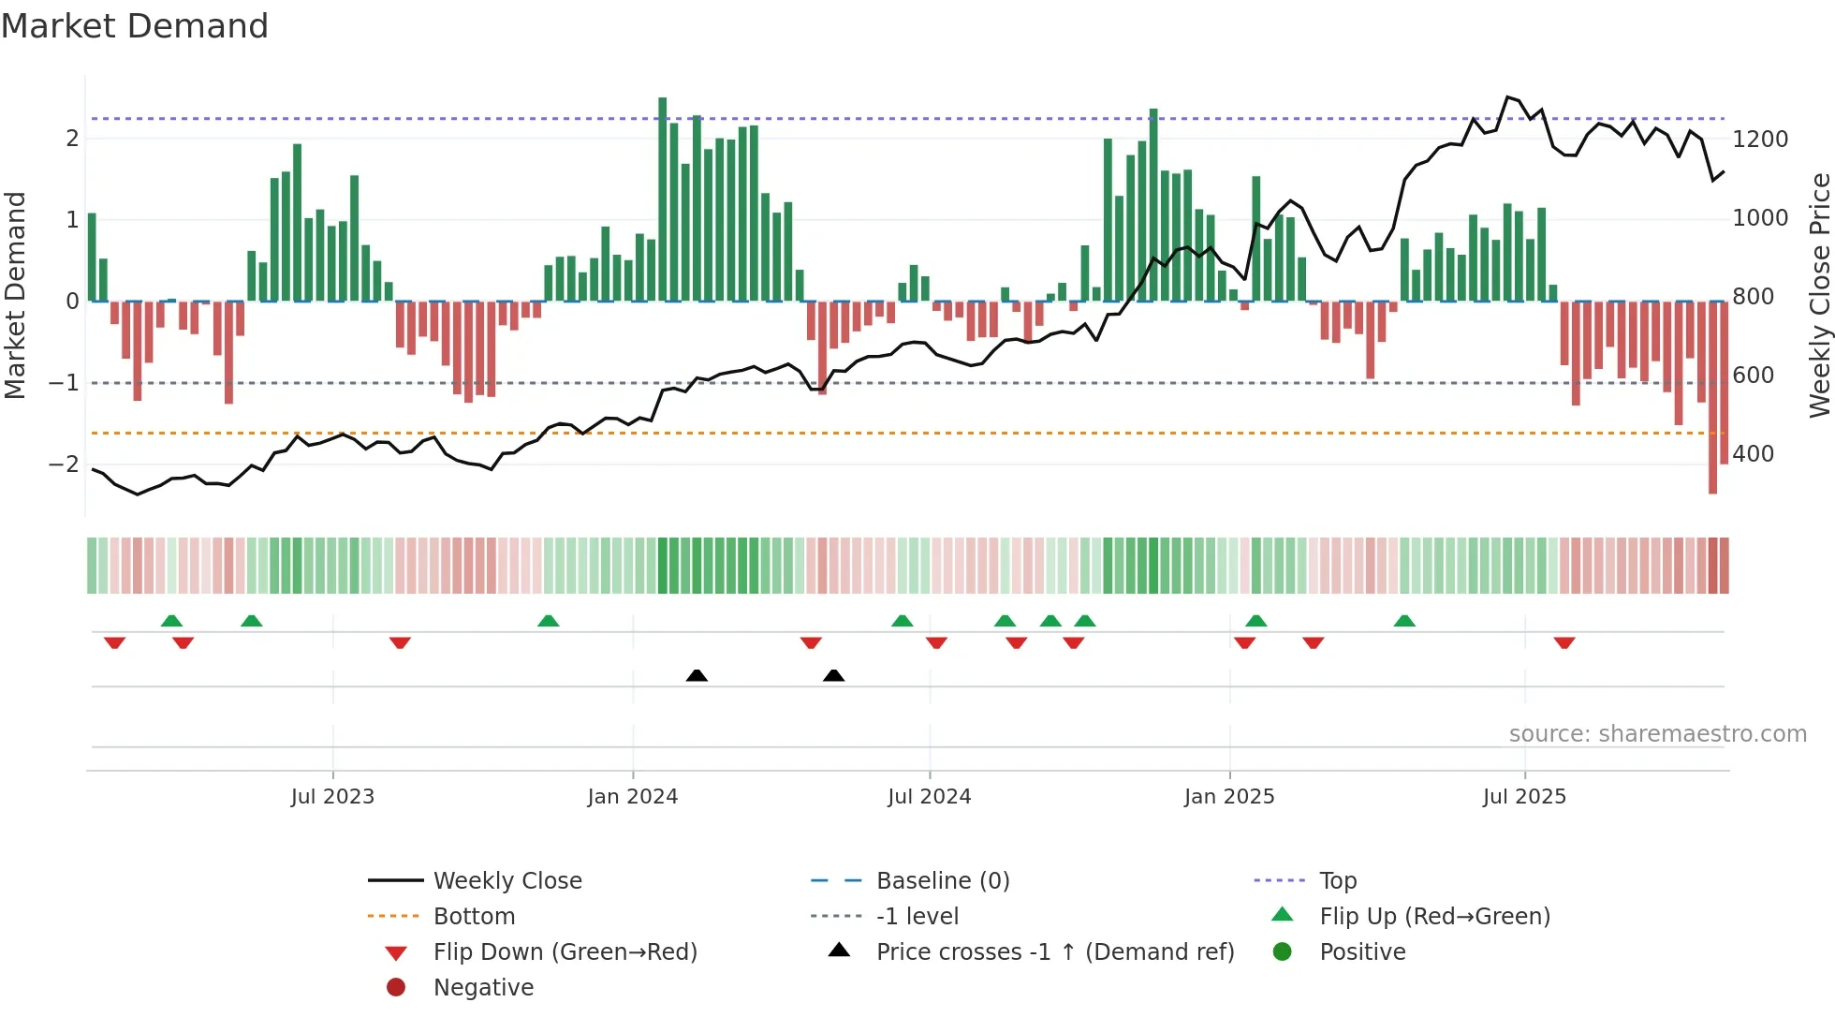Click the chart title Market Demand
135,26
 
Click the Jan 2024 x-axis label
632,797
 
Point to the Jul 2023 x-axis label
332,797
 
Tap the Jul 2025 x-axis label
1524,797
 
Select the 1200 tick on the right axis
1760,140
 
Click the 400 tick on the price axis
1754,454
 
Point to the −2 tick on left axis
64,464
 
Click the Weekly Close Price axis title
1819,295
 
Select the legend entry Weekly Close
506,881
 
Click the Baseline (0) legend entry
942,881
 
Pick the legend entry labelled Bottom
474,917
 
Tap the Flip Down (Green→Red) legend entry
565,952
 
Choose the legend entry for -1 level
917,917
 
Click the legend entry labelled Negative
483,988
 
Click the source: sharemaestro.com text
1657,734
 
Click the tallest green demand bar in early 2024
663,199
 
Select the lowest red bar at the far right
1712,397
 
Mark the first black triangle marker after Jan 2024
697,675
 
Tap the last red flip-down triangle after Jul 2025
1564,643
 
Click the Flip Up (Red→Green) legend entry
1434,917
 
